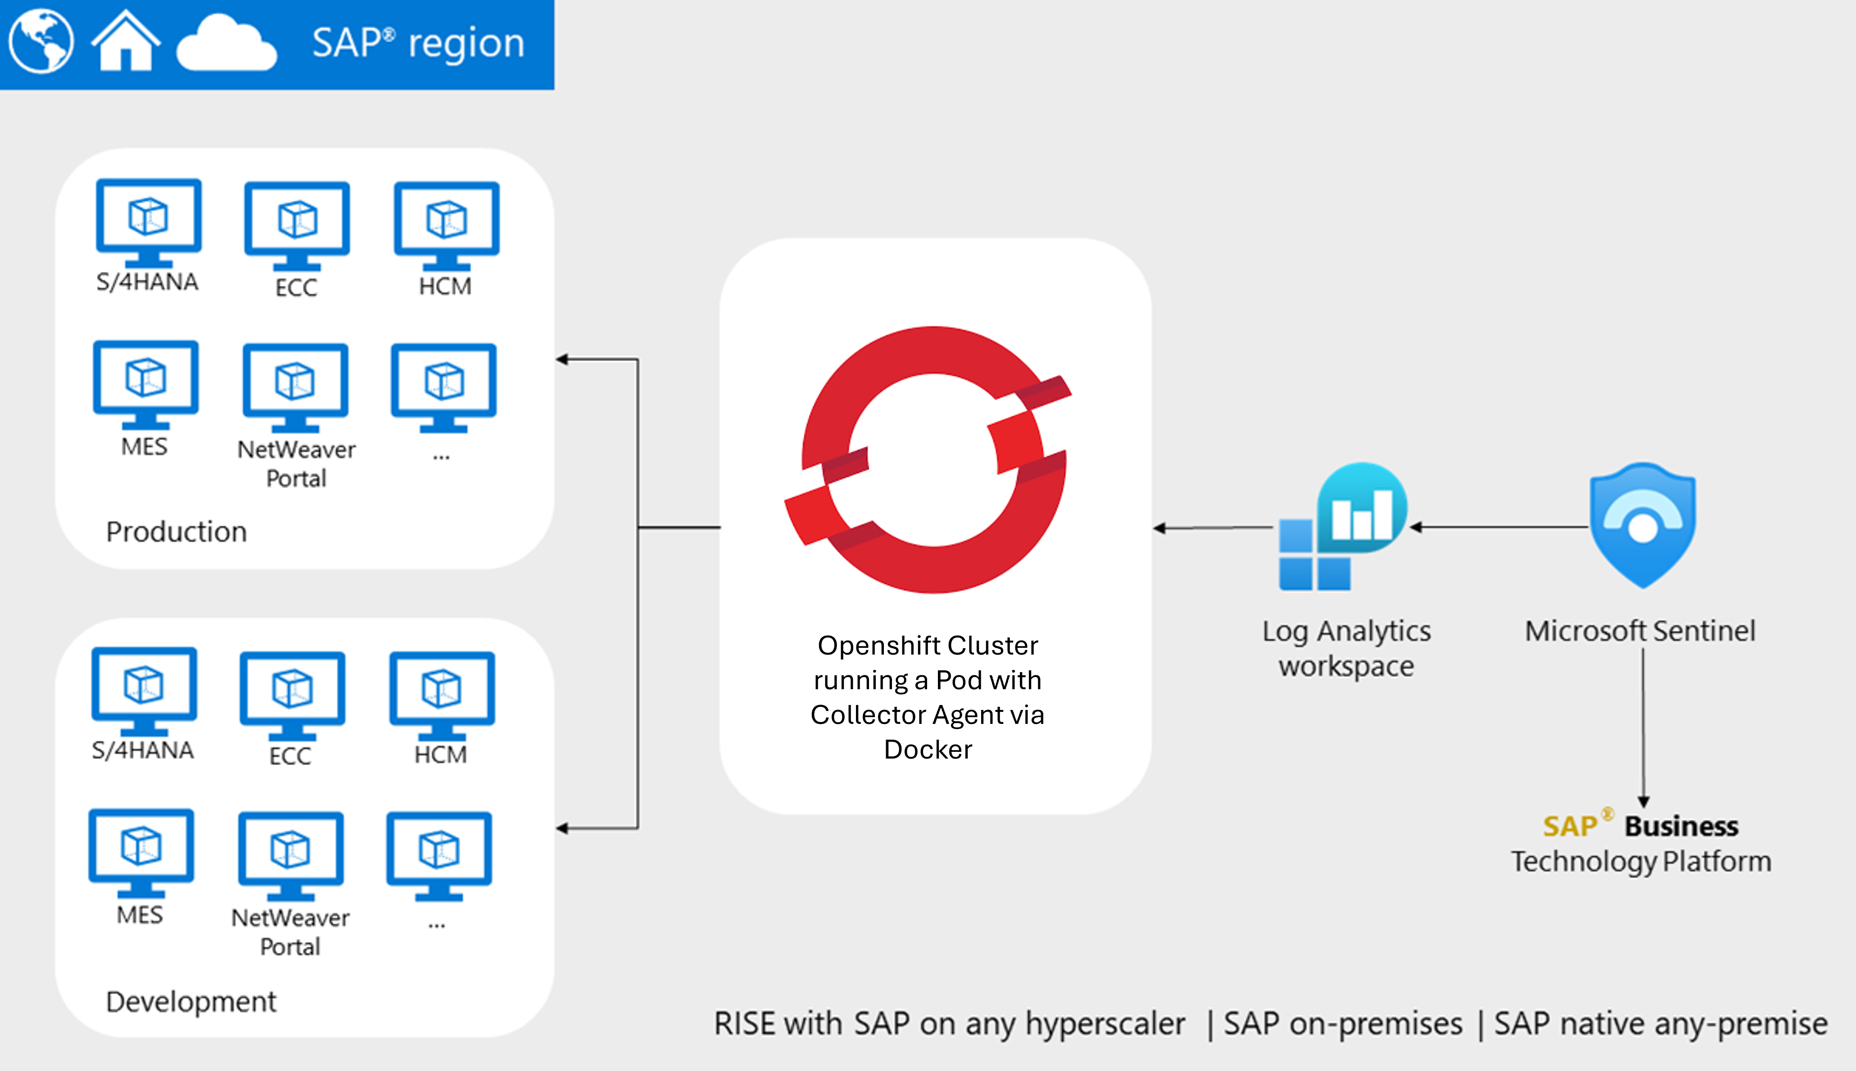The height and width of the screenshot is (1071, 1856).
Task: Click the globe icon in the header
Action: tap(41, 41)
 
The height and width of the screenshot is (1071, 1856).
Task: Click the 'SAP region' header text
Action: tap(418, 43)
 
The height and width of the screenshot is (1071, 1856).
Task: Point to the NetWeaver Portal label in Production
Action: tap(296, 463)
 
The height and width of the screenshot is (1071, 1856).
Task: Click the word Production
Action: tap(177, 531)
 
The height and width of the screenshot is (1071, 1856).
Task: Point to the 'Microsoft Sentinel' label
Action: tap(1640, 630)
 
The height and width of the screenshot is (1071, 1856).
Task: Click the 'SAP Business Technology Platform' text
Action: tap(1641, 844)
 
